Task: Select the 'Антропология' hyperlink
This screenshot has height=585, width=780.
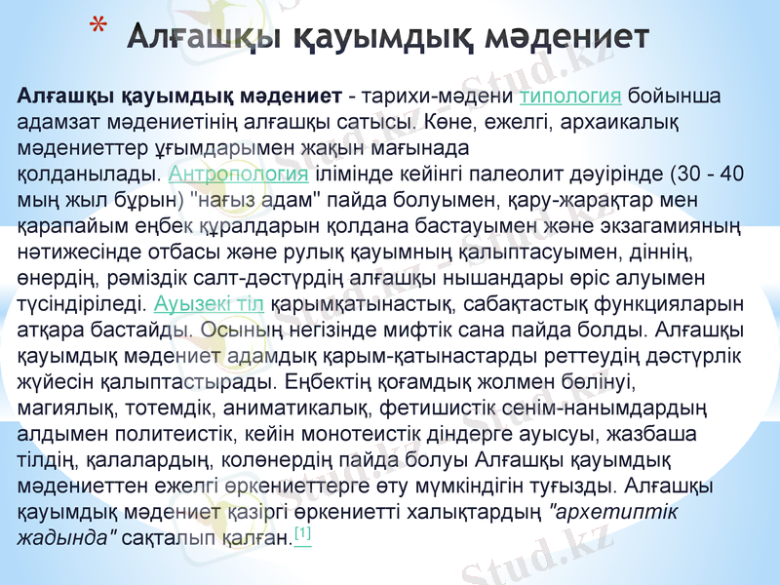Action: pyautogui.click(x=239, y=175)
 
